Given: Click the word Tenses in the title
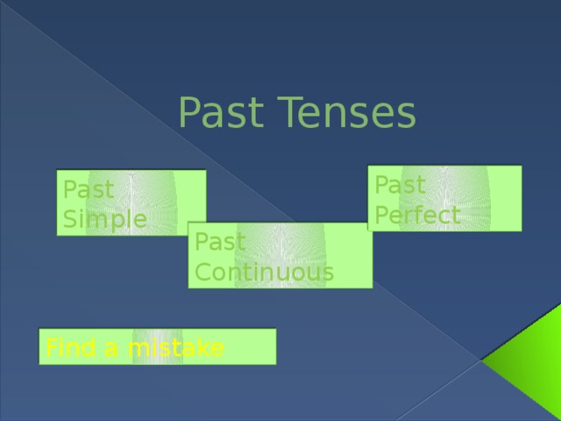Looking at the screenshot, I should pyautogui.click(x=348, y=112).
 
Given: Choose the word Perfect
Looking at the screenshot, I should pyautogui.click(x=417, y=215).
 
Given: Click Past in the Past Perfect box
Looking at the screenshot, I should pyautogui.click(x=400, y=186).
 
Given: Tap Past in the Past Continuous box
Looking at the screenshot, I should pyautogui.click(x=221, y=241).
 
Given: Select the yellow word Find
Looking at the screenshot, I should pyautogui.click(x=70, y=349).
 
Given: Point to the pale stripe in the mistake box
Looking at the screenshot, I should pyautogui.click(x=158, y=346).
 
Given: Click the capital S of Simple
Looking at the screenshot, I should pyautogui.click(x=68, y=218).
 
